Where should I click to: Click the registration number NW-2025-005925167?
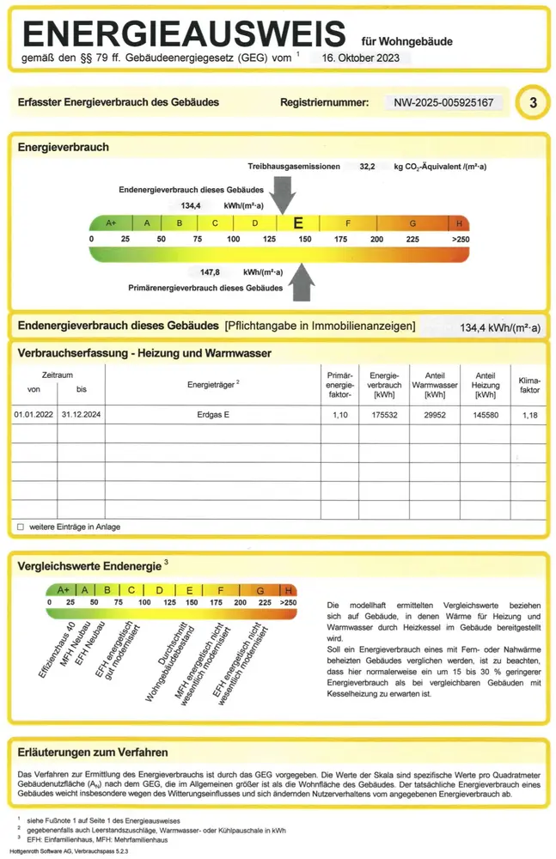click(443, 103)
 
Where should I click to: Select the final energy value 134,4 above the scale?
click(191, 206)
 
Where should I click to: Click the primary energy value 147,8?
click(211, 271)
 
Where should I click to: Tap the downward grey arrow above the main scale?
click(281, 194)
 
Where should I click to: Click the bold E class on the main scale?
click(298, 222)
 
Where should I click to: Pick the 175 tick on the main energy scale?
click(340, 238)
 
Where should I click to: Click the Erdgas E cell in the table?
click(213, 415)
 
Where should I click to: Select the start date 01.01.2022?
click(34, 415)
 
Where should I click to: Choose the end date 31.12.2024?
click(81, 415)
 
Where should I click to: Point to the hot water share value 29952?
click(434, 415)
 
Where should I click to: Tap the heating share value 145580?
click(486, 415)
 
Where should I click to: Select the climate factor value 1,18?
click(529, 415)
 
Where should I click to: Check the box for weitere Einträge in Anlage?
click(21, 526)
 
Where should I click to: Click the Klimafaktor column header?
click(529, 384)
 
